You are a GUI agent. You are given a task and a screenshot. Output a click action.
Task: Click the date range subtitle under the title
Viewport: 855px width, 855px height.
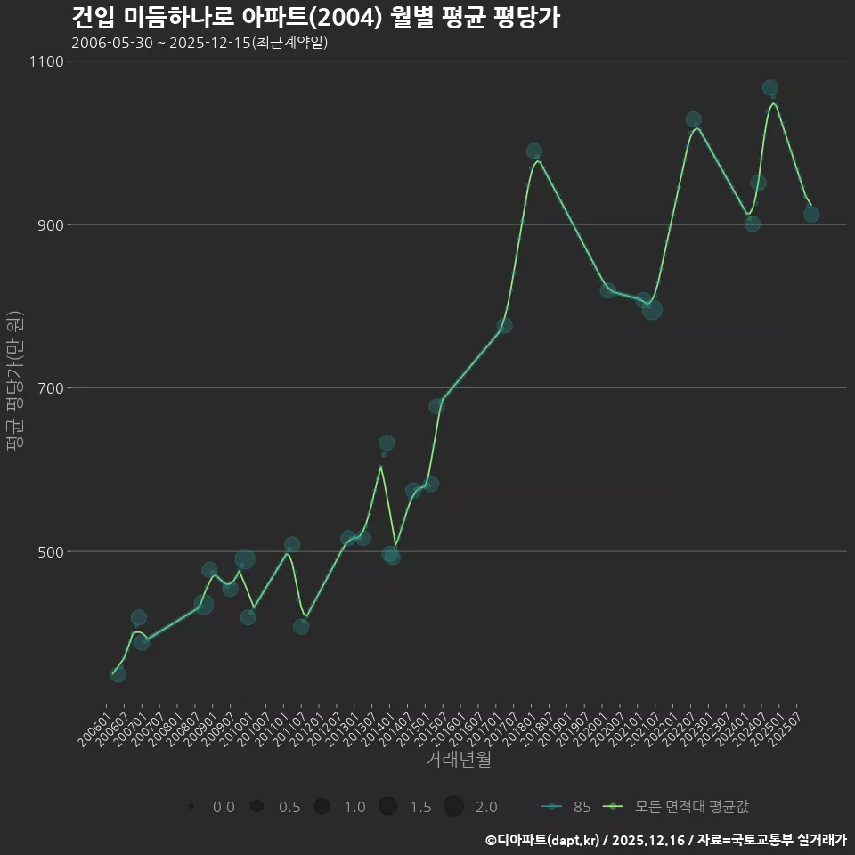pos(199,43)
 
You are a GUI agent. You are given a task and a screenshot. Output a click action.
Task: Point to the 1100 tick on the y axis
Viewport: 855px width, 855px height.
pos(45,61)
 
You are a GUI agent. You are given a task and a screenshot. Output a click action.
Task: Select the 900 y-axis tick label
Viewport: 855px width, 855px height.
pos(48,224)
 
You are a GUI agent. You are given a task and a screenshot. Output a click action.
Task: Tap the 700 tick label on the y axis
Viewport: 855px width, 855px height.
pos(48,388)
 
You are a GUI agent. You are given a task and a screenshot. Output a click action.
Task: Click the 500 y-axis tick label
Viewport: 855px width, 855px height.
pos(48,551)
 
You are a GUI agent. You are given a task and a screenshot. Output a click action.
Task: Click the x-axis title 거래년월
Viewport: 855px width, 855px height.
pos(458,760)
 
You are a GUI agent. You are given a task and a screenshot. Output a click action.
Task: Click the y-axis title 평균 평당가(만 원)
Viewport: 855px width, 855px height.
pos(14,387)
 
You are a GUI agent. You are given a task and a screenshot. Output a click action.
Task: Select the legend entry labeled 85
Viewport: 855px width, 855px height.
pos(566,807)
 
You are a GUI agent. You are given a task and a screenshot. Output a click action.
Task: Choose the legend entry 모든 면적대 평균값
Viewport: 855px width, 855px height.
pos(677,807)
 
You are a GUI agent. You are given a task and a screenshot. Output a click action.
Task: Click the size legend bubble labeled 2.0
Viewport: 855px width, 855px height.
pos(453,807)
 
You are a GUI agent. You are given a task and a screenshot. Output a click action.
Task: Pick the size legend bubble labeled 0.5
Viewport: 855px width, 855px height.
pos(256,807)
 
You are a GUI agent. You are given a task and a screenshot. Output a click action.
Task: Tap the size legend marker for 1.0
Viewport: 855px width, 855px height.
pos(322,807)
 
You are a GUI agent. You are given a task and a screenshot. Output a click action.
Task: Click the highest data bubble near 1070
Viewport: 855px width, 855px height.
pos(770,88)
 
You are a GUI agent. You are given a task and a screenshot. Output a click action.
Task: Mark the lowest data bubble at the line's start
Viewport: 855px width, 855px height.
pos(118,674)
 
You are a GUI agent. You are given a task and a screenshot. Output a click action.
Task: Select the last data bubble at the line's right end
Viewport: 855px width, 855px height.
pos(811,215)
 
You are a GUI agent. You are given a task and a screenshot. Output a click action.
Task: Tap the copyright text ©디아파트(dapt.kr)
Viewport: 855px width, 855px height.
pos(545,840)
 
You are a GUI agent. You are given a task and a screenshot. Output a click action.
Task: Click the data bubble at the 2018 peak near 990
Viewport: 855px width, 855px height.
pos(534,151)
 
